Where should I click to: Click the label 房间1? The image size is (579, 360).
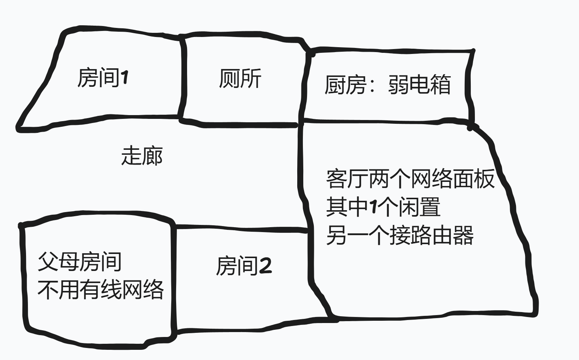tap(103, 78)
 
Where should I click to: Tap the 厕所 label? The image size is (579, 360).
tap(240, 79)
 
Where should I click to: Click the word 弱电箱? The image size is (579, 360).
tap(419, 85)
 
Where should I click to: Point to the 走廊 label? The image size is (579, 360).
tap(142, 156)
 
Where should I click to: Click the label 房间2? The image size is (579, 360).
tap(244, 266)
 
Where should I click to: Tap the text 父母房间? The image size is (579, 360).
tap(80, 262)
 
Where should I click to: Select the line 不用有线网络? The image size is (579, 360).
tap(101, 290)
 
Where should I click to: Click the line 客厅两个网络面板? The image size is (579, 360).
tap(410, 178)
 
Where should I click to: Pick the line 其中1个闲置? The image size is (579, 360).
tap(383, 207)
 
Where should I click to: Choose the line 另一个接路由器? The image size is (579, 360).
tap(399, 235)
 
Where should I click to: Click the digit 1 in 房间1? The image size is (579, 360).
tap(124, 78)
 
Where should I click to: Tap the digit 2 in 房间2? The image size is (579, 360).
tap(265, 266)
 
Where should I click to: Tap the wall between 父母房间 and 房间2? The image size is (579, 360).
tap(174, 279)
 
